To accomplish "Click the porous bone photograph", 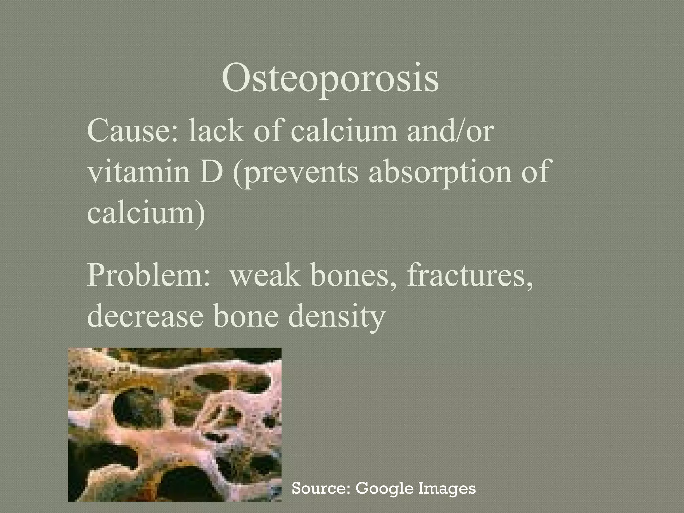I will (175, 424).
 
